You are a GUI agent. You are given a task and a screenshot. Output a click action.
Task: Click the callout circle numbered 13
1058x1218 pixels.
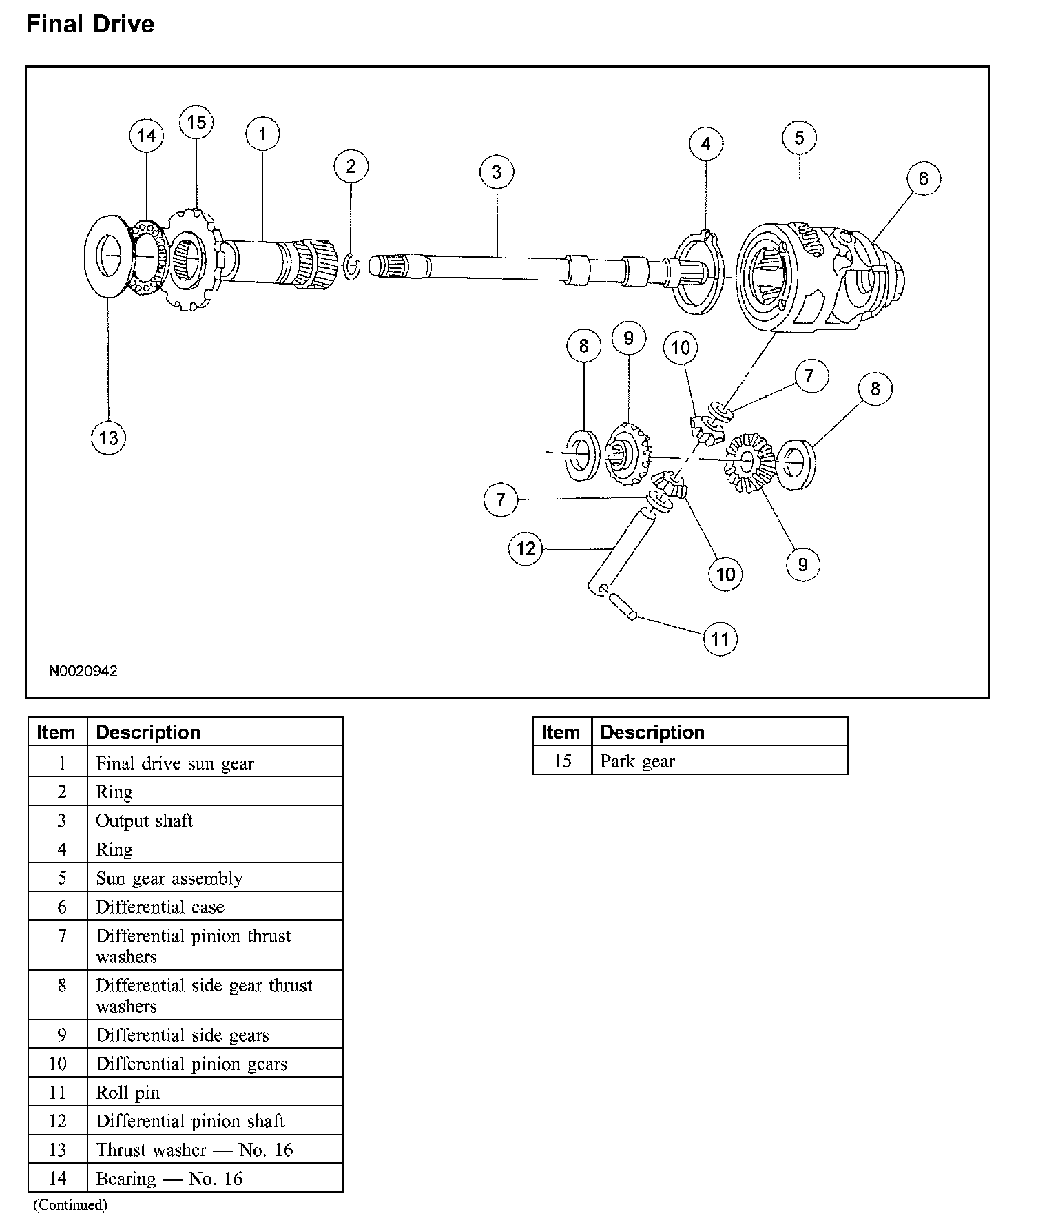pyautogui.click(x=109, y=437)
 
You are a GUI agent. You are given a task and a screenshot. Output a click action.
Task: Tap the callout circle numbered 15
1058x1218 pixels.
pyautogui.click(x=196, y=123)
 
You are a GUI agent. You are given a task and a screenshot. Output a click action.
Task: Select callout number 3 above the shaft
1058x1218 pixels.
pyautogui.click(x=497, y=172)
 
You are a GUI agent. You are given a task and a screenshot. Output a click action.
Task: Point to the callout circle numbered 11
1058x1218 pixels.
pyautogui.click(x=720, y=639)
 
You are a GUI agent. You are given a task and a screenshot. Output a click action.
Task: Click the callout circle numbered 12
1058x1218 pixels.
pyautogui.click(x=526, y=548)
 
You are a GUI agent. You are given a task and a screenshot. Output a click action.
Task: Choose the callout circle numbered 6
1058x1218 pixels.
pyautogui.click(x=923, y=179)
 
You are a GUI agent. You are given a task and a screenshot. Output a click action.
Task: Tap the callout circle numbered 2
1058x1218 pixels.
pyautogui.click(x=351, y=166)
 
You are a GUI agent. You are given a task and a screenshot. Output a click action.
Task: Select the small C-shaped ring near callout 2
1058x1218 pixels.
pyautogui.click(x=351, y=267)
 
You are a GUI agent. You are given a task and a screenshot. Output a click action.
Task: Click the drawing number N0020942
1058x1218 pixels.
pyautogui.click(x=83, y=671)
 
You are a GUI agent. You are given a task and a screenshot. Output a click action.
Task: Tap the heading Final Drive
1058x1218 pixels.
pyautogui.click(x=90, y=25)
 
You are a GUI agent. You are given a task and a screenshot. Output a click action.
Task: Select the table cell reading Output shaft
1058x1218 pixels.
pyautogui.click(x=144, y=820)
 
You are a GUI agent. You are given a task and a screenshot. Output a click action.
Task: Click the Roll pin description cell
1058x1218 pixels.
pyautogui.click(x=128, y=1093)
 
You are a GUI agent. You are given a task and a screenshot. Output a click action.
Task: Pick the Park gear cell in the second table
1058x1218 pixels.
pyautogui.click(x=638, y=761)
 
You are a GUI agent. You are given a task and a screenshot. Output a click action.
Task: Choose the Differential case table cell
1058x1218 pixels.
pyautogui.click(x=160, y=907)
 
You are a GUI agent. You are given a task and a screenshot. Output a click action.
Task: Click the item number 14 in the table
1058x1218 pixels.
pyautogui.click(x=58, y=1178)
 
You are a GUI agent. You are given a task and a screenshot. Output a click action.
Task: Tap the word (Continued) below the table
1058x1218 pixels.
pyautogui.click(x=71, y=1204)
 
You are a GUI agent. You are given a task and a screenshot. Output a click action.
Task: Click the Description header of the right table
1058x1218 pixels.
pyautogui.click(x=652, y=732)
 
